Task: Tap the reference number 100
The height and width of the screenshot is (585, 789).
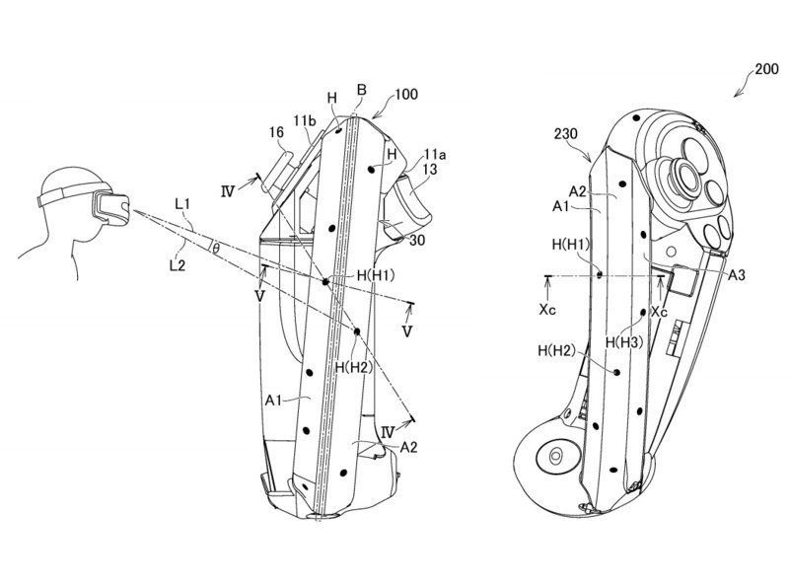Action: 406,95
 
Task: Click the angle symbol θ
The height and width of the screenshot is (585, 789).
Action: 216,248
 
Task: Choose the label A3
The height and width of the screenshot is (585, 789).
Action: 736,277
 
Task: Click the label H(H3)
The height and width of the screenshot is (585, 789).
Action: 624,341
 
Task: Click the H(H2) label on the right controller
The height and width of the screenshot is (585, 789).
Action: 558,351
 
